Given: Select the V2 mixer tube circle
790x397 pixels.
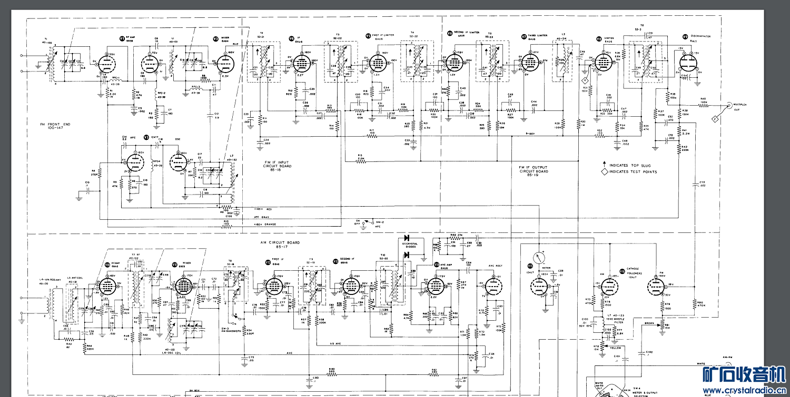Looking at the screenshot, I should click(x=225, y=62).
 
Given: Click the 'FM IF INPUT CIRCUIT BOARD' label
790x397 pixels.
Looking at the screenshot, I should click(x=278, y=164).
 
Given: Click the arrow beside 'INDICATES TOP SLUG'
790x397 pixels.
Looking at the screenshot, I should click(x=605, y=165).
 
